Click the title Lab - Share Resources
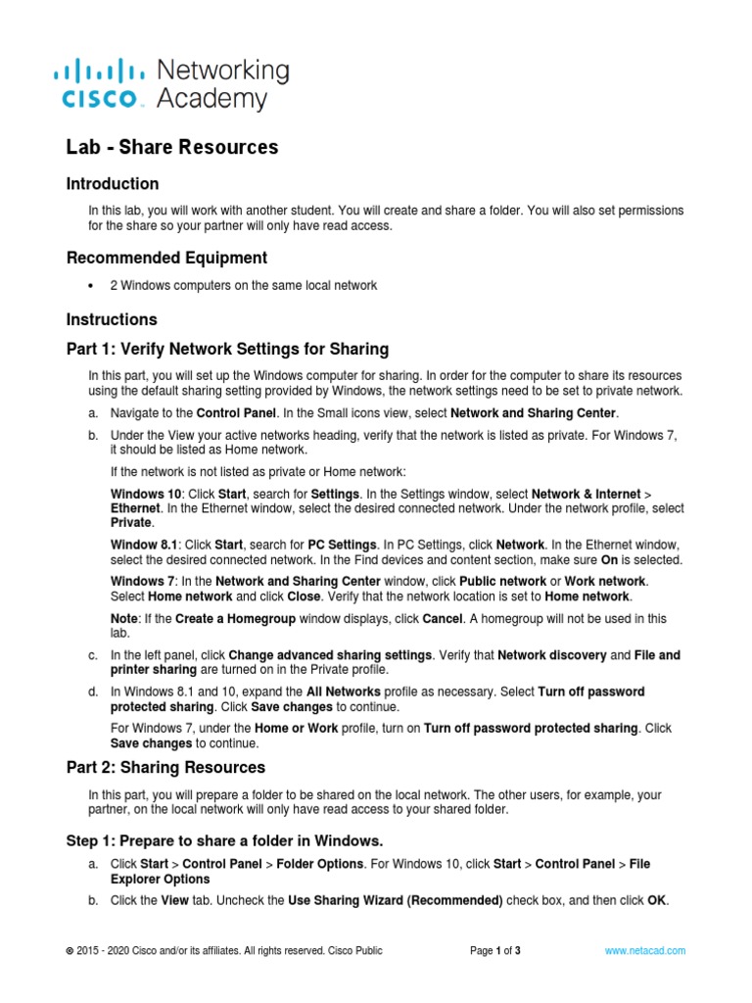[x=172, y=147]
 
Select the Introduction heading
[x=113, y=184]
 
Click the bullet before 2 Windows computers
[x=91, y=286]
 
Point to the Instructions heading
[x=112, y=319]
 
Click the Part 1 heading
[x=227, y=349]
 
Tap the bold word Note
[x=125, y=618]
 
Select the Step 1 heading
[x=224, y=840]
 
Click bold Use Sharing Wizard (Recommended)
[x=396, y=901]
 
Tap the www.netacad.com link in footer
[x=645, y=950]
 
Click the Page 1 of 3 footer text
[x=495, y=950]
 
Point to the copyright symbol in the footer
[x=70, y=951]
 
